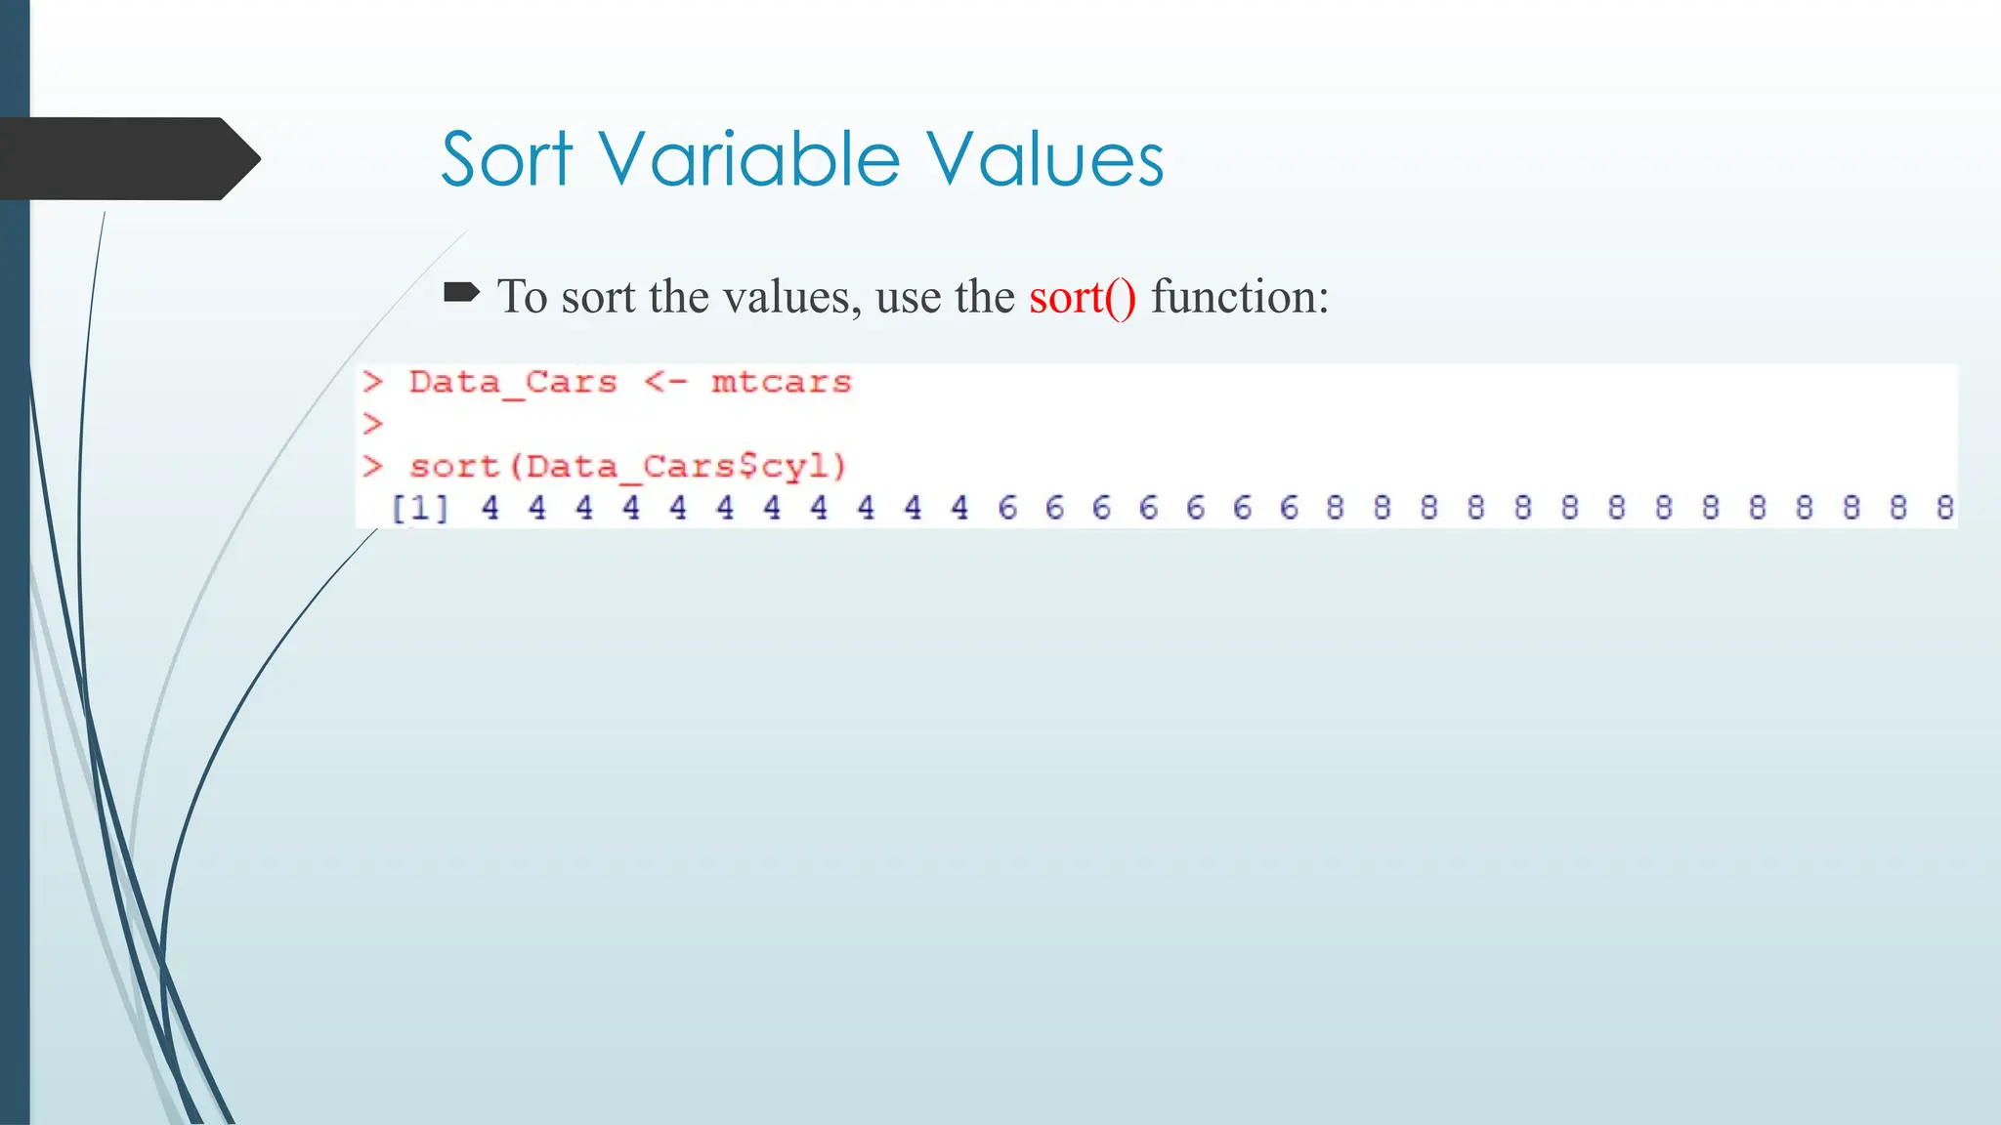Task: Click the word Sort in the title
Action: click(506, 159)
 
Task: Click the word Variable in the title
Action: click(748, 159)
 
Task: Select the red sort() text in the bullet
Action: click(1083, 297)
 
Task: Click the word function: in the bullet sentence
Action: click(1240, 297)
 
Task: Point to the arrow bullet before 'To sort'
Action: click(461, 292)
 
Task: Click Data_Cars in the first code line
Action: click(513, 382)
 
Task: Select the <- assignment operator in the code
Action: click(665, 382)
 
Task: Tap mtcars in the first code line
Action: click(781, 382)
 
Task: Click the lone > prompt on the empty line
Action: click(372, 424)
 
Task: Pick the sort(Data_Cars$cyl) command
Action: click(627, 466)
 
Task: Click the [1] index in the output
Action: click(420, 508)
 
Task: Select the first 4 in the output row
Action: click(490, 508)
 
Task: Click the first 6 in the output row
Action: click(1007, 508)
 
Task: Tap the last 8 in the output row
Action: click(1944, 508)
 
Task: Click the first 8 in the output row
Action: click(1335, 508)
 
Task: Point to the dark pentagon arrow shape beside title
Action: click(127, 159)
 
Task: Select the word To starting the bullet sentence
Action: click(523, 297)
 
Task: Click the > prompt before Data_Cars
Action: click(372, 382)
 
